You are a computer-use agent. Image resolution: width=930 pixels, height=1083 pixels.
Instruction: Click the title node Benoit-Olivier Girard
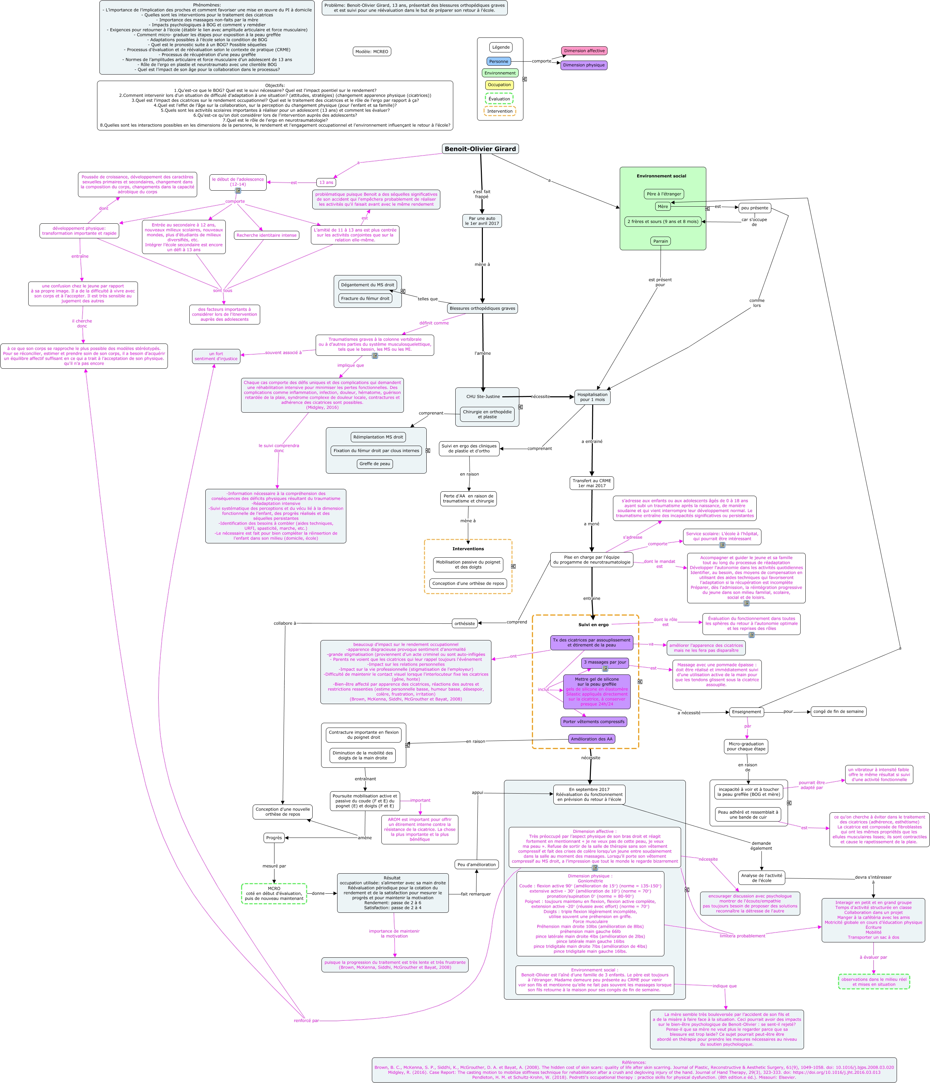tap(480, 149)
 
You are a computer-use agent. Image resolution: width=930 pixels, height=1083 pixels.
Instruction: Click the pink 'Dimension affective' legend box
tap(584, 51)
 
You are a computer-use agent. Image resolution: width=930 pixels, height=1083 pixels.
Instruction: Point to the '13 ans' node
tap(326, 182)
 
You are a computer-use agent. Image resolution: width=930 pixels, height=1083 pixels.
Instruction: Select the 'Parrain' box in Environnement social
tap(660, 241)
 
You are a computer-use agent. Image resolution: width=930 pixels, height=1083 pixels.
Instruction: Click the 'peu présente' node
tap(754, 208)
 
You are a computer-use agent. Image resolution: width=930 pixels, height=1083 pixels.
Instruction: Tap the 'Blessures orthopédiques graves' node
tap(482, 308)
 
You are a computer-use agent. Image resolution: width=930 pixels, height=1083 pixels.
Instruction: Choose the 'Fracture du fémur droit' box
tap(365, 299)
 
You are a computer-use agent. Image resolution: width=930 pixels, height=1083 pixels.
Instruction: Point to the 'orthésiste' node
tap(465, 624)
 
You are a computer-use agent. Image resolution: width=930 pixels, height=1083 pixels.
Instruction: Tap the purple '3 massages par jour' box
tap(605, 662)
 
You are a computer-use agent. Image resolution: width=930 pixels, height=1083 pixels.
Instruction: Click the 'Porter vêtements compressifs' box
tap(593, 722)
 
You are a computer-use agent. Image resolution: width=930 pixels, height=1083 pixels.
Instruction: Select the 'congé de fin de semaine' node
tap(838, 711)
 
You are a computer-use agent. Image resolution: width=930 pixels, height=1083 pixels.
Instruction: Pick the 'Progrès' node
tap(274, 838)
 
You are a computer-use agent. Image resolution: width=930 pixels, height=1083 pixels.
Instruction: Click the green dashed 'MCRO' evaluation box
tap(274, 894)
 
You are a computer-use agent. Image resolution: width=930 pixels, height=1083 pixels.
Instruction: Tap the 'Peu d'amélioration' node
tap(476, 864)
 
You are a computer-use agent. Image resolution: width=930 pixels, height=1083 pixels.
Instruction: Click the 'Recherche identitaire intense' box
tap(266, 235)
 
